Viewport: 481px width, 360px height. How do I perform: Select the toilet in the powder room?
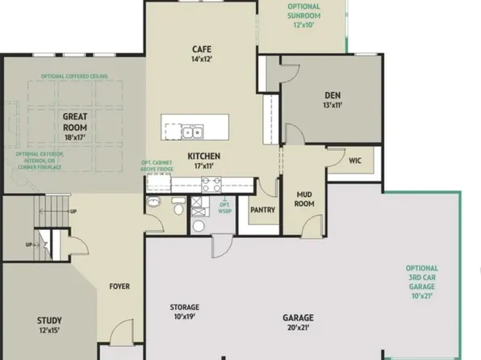(x=177, y=210)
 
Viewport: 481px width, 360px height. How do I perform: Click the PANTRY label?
(x=263, y=211)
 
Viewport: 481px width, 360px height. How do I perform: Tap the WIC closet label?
(x=354, y=161)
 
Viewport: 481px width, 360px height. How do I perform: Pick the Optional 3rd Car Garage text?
(x=422, y=283)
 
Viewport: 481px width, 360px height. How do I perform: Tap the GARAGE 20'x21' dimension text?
(x=298, y=328)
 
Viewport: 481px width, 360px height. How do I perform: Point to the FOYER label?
(x=119, y=287)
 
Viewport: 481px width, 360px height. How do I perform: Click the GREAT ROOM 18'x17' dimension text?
(x=76, y=137)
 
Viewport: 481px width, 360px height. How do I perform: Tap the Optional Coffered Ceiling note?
(x=75, y=77)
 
